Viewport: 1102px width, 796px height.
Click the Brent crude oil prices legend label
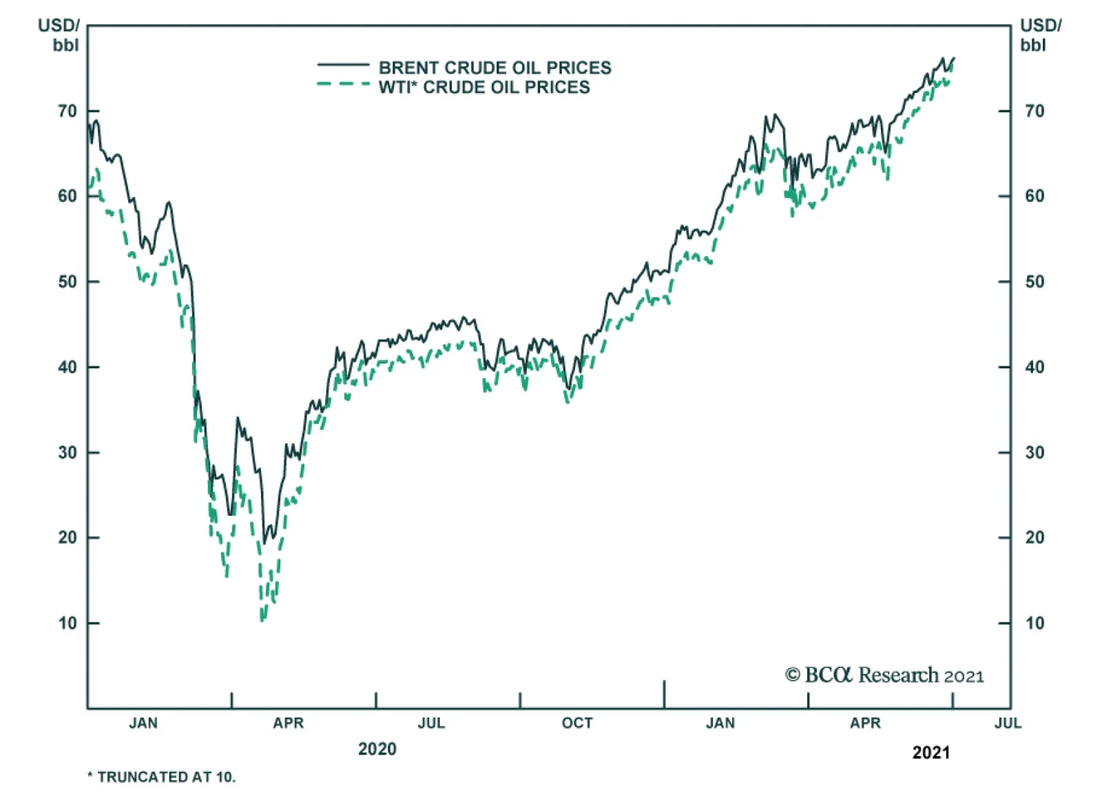[x=495, y=67]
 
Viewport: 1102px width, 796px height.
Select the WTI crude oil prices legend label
[x=484, y=87]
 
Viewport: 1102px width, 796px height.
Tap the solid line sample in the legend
[x=343, y=65]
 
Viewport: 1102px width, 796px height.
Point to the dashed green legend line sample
[x=343, y=85]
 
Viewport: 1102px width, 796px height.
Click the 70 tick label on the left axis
[x=67, y=111]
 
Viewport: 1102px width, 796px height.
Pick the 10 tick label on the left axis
[x=67, y=623]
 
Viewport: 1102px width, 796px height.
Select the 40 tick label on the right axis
[x=1035, y=367]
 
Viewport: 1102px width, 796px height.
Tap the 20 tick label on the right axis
[x=1035, y=538]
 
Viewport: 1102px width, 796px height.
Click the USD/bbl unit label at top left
[x=59, y=35]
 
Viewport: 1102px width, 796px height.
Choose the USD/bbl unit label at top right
[x=1040, y=35]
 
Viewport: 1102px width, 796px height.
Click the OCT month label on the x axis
[x=576, y=723]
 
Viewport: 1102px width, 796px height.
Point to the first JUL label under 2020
[x=431, y=723]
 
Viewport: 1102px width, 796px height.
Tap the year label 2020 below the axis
[x=377, y=749]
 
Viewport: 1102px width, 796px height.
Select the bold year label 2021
[x=931, y=753]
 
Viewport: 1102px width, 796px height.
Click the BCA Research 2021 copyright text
[x=884, y=675]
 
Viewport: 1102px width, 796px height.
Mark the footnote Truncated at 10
[x=161, y=777]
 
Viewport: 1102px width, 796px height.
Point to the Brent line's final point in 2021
[x=954, y=58]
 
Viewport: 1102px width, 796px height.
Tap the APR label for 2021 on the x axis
[x=865, y=723]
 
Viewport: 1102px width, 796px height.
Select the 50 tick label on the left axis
[x=67, y=282]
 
